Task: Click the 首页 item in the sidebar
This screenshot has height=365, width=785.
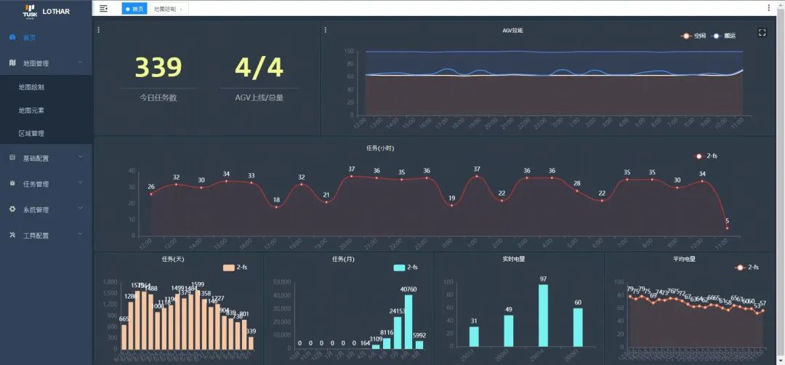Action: [29, 38]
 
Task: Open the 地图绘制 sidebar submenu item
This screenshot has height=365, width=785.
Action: [31, 87]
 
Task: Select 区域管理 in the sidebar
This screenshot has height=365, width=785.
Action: [31, 134]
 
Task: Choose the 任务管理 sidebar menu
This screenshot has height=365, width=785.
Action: [36, 184]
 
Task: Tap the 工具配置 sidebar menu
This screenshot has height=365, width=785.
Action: [36, 236]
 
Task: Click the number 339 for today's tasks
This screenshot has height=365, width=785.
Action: [158, 67]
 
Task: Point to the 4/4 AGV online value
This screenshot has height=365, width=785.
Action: [259, 67]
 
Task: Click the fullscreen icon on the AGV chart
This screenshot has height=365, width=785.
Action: [762, 32]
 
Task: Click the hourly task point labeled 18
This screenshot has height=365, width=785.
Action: [276, 207]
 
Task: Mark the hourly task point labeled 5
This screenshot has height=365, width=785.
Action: [727, 228]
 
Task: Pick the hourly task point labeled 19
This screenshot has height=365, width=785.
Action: [451, 206]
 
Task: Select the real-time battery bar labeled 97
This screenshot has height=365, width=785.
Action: [543, 316]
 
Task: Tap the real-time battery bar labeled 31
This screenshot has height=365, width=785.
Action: [473, 336]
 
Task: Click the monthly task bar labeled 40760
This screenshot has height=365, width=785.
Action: [408, 321]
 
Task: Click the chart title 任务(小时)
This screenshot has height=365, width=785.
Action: [380, 148]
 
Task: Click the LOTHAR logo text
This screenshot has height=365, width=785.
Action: [55, 12]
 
